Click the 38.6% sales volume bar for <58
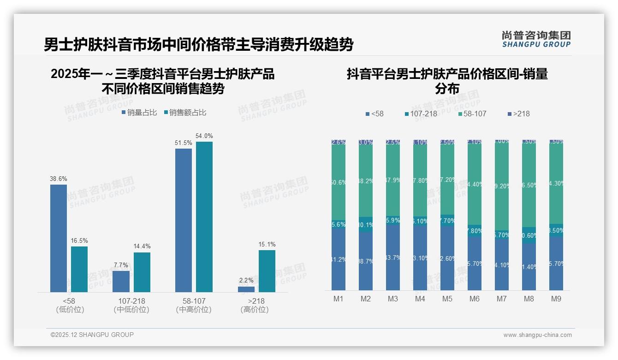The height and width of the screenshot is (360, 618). (x=59, y=238)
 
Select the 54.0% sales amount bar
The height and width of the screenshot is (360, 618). (x=204, y=217)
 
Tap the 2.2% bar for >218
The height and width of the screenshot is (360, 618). (x=246, y=289)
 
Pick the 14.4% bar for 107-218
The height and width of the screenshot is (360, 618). (x=142, y=272)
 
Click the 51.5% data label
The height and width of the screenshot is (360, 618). (x=184, y=143)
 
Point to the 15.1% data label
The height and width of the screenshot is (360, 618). (x=267, y=245)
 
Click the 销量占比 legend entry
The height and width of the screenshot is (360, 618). (x=139, y=113)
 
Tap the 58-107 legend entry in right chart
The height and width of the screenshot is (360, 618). (x=472, y=114)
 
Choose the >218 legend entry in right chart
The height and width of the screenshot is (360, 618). (x=518, y=114)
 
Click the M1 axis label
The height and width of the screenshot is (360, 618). (x=339, y=299)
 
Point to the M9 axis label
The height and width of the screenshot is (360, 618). (x=556, y=299)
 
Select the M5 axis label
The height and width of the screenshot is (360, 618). (x=447, y=299)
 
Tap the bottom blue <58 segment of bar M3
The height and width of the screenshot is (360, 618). (x=393, y=258)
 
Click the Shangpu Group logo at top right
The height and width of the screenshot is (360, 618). (x=536, y=39)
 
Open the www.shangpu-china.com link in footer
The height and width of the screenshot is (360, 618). (x=537, y=335)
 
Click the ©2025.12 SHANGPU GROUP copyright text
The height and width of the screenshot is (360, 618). (x=92, y=335)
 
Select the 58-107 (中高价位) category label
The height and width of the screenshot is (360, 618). (x=194, y=305)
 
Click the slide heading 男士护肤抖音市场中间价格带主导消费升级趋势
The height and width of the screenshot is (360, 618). (x=198, y=45)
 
